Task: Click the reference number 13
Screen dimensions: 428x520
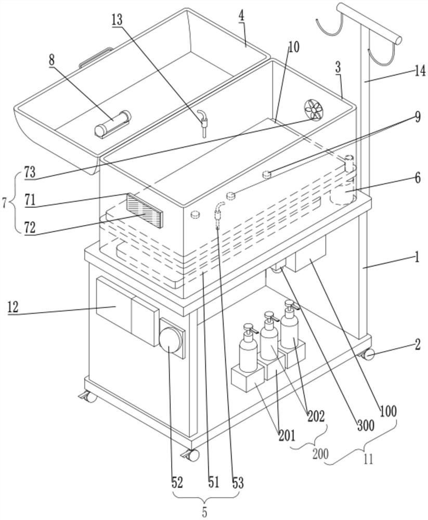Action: [x=117, y=21]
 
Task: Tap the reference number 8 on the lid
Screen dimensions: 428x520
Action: [x=51, y=61]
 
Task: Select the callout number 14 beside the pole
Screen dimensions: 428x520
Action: [x=420, y=71]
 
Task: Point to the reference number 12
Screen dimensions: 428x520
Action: [x=12, y=307]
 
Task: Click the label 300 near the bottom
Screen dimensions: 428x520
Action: [x=365, y=425]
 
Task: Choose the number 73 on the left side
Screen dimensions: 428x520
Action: [x=30, y=173]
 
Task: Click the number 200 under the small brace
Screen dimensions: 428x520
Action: [x=320, y=453]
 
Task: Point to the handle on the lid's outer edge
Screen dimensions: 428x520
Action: [x=96, y=56]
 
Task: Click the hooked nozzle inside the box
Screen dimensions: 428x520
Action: [x=202, y=121]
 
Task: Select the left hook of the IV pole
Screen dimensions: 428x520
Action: [x=330, y=25]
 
